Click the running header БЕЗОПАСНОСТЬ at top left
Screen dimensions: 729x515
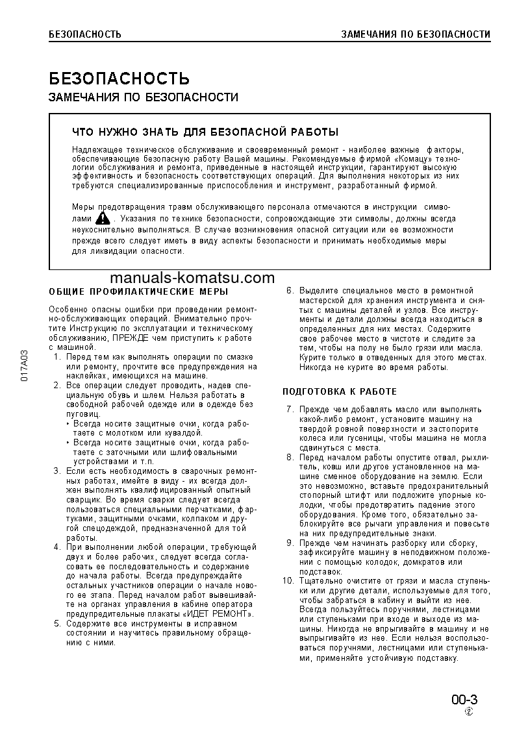click(x=85, y=34)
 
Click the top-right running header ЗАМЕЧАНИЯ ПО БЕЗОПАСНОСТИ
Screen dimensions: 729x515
click(x=416, y=34)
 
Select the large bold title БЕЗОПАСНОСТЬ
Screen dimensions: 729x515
click(x=119, y=79)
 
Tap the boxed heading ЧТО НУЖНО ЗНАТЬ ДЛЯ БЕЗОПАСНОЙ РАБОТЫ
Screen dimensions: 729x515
click(x=205, y=132)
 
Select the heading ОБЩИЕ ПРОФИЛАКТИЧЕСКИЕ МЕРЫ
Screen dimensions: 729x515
click(x=138, y=291)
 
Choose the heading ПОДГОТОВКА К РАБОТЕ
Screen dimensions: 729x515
click(x=340, y=391)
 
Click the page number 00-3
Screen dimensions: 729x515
click(x=465, y=700)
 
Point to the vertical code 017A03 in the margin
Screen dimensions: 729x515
click(x=24, y=367)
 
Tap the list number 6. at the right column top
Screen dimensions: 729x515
click(x=290, y=291)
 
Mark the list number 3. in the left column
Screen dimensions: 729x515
click(x=57, y=471)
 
